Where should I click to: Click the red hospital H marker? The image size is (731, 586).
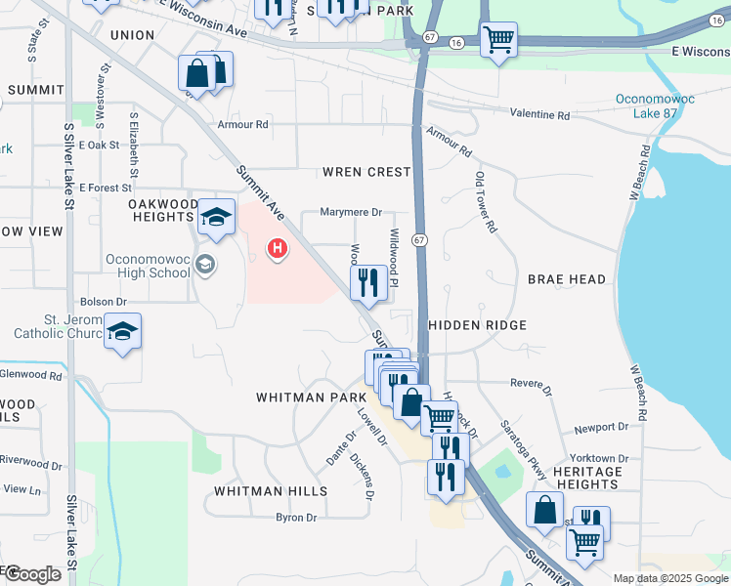tap(278, 249)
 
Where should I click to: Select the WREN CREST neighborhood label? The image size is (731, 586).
tap(366, 172)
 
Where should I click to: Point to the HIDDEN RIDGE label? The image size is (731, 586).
tap(477, 325)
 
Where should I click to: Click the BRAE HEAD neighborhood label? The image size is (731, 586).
tap(567, 279)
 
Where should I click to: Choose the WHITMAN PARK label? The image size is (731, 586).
tap(304, 398)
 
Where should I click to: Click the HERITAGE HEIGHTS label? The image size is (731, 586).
tap(586, 479)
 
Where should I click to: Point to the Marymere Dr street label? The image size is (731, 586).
tap(351, 212)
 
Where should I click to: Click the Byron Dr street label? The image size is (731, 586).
tap(296, 518)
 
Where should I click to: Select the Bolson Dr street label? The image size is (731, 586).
tap(104, 302)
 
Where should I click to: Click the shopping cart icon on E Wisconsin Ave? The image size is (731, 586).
tap(498, 40)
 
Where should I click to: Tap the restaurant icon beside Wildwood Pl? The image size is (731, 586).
tap(368, 283)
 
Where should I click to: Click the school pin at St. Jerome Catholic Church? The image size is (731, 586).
tap(122, 331)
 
